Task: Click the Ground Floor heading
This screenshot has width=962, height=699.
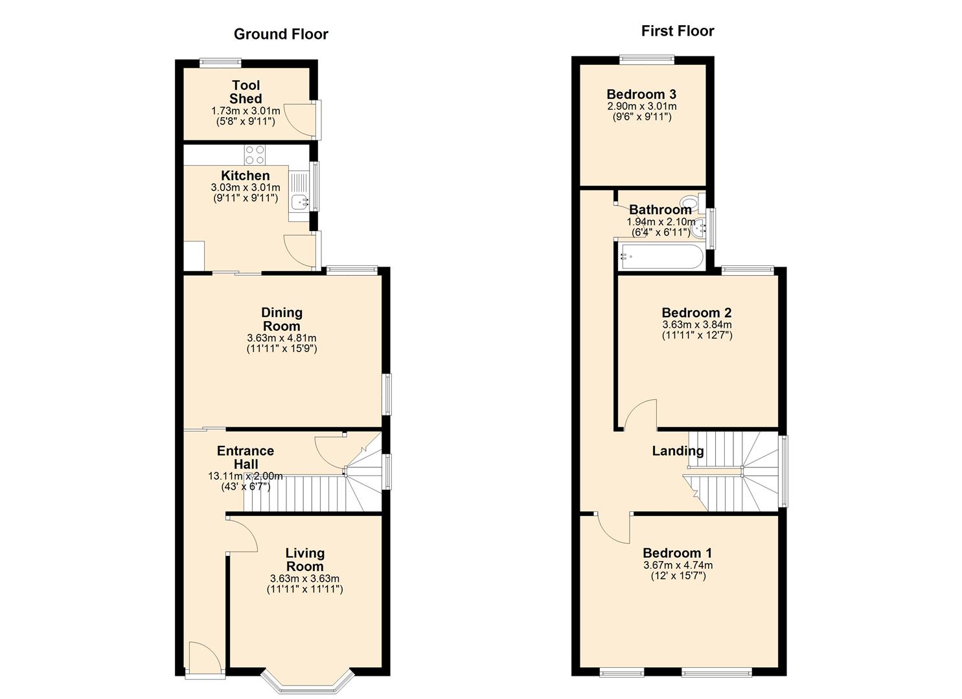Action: point(281,34)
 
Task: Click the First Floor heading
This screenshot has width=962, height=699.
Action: point(677,31)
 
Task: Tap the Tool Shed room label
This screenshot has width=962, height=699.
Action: point(246,92)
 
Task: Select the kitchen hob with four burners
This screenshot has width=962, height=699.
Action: point(255,155)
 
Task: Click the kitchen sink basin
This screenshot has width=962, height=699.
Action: point(299,202)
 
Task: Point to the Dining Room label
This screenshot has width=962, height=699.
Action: point(281,319)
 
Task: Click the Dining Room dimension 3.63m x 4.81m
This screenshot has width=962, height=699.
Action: point(281,338)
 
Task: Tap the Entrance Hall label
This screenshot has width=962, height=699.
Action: point(245,457)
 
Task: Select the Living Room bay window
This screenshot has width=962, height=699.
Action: point(308,682)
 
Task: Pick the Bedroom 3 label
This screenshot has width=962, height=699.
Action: point(641,94)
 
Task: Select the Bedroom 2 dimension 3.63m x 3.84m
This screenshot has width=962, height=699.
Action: point(696,325)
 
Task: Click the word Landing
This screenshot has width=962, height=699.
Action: point(677,451)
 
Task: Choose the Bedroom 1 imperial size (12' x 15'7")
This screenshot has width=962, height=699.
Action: point(678,575)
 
